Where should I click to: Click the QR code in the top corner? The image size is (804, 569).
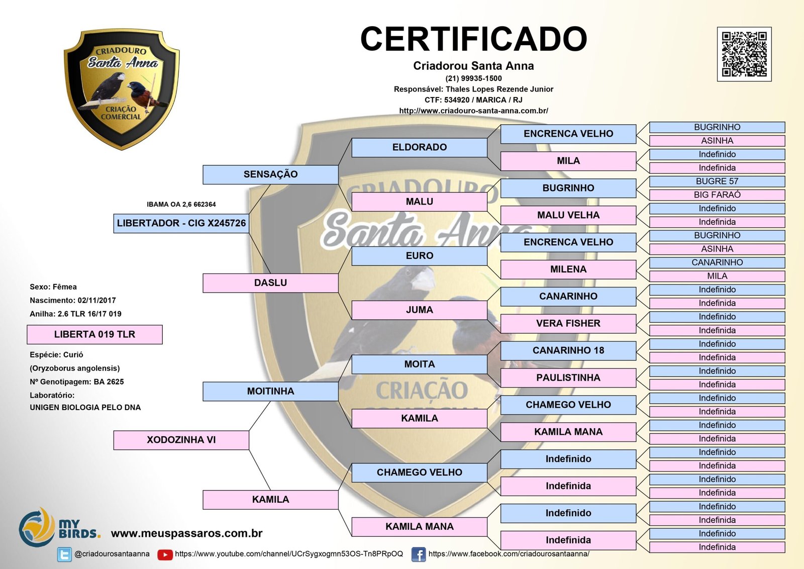pos(744,54)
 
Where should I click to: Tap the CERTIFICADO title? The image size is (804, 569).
pos(473,39)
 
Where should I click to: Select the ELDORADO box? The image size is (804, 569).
pos(419,147)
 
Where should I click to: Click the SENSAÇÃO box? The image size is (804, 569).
pos(270,174)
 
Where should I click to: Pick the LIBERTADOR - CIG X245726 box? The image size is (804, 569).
pos(181,223)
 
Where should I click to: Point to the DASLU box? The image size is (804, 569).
pos(270,283)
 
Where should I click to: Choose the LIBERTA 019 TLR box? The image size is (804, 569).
pos(94,334)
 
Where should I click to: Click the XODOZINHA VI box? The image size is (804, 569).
pos(181,440)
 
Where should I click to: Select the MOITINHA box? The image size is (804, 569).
pos(270,391)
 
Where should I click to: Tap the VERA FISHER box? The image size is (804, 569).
pos(568,323)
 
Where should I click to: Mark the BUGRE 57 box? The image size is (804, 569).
pos(717,181)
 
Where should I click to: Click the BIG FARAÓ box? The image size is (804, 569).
pos(717,195)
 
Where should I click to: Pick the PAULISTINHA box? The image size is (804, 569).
pos(568,377)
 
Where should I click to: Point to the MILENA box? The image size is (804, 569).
pos(568,269)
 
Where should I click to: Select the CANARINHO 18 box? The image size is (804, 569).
pos(568,350)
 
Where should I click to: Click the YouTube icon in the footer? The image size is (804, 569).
pos(165,554)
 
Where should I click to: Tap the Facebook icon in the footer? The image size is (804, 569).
pos(418,554)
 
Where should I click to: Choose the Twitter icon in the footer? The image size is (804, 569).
pos(64,554)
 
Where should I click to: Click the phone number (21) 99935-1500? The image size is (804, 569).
pos(473,78)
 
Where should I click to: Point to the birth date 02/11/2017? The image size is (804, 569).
pos(96,301)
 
